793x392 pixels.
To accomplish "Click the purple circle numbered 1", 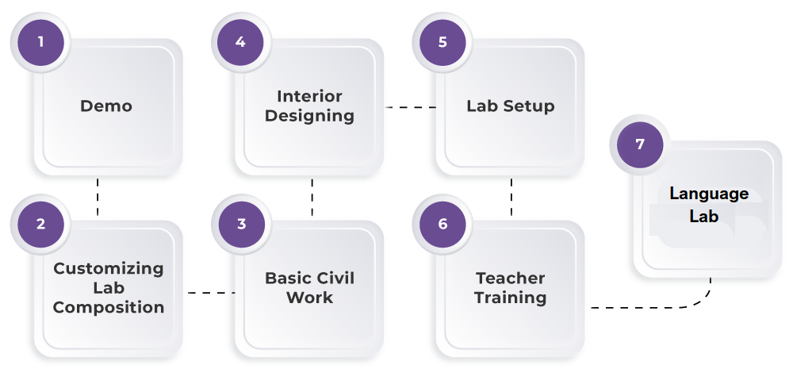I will click(x=41, y=41).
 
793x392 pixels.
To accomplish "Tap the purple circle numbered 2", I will click(x=41, y=224).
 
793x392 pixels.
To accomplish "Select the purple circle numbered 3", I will click(x=242, y=224).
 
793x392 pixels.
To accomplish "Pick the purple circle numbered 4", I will click(x=241, y=41).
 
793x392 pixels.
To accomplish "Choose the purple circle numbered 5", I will click(x=442, y=41).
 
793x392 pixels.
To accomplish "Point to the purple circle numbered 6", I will click(x=442, y=224).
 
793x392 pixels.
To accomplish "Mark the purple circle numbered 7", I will click(x=640, y=144).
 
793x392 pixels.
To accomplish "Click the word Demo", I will click(x=106, y=106).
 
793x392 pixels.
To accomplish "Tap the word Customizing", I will click(x=109, y=269).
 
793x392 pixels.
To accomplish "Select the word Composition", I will click(x=109, y=307).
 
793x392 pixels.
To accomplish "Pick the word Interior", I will click(x=309, y=97).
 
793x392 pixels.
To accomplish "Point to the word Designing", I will click(x=309, y=116).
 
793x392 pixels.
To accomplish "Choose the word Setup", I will click(x=528, y=106).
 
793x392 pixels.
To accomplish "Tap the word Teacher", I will click(x=510, y=279).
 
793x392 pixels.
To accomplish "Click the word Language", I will click(x=708, y=194).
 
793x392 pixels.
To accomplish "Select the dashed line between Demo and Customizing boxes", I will click(x=98, y=197).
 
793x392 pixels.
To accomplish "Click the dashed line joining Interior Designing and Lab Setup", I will click(x=410, y=107).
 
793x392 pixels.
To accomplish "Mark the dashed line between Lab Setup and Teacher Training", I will click(x=511, y=197).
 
